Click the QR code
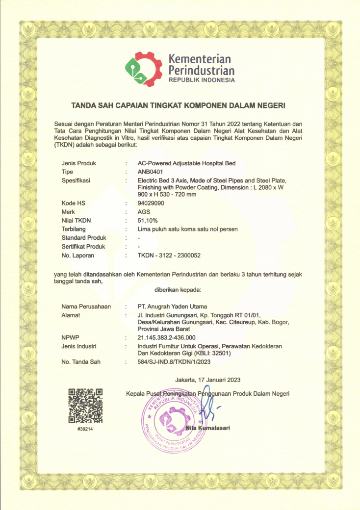(85, 406)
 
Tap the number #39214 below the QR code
(85, 429)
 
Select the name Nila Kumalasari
(208, 428)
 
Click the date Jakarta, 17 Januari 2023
(207, 380)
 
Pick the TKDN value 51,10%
(148, 220)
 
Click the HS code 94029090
(152, 203)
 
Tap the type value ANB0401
(150, 172)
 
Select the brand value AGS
(144, 212)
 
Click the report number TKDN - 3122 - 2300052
(169, 255)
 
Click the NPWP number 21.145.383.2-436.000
(167, 337)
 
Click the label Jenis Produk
(78, 163)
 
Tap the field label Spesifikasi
(76, 180)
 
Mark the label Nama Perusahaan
(86, 306)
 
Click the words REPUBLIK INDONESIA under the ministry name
(202, 80)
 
